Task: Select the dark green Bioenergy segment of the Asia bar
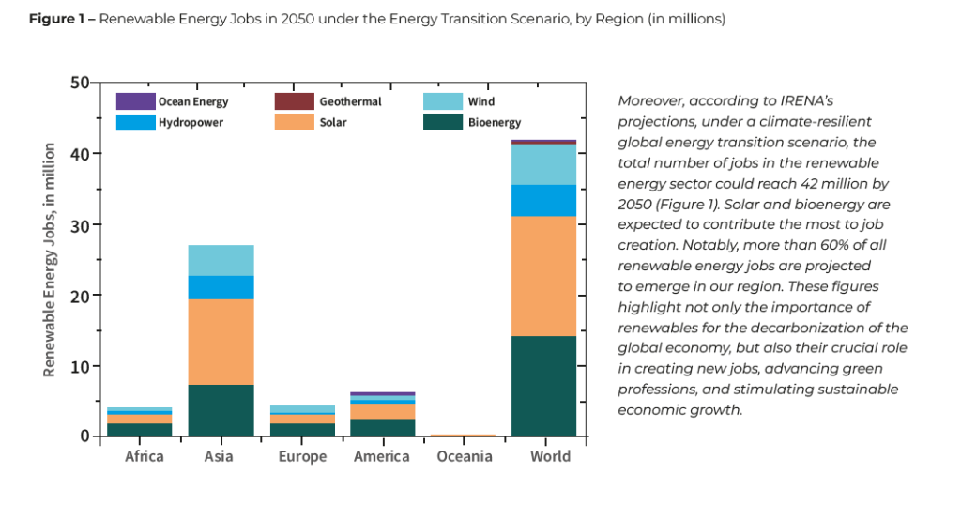[x=221, y=410]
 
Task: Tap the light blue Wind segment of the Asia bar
[x=221, y=260]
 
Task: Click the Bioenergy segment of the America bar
[x=382, y=427]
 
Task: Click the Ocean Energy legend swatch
[x=135, y=101]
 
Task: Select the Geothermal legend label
[x=350, y=101]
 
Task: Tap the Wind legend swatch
[x=442, y=101]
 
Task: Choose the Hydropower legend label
[x=191, y=122]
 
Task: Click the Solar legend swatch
[x=293, y=122]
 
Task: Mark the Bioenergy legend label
[x=495, y=122]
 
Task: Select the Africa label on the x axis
[x=144, y=457]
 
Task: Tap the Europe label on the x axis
[x=302, y=457]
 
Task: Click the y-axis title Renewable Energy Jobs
[x=50, y=259]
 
